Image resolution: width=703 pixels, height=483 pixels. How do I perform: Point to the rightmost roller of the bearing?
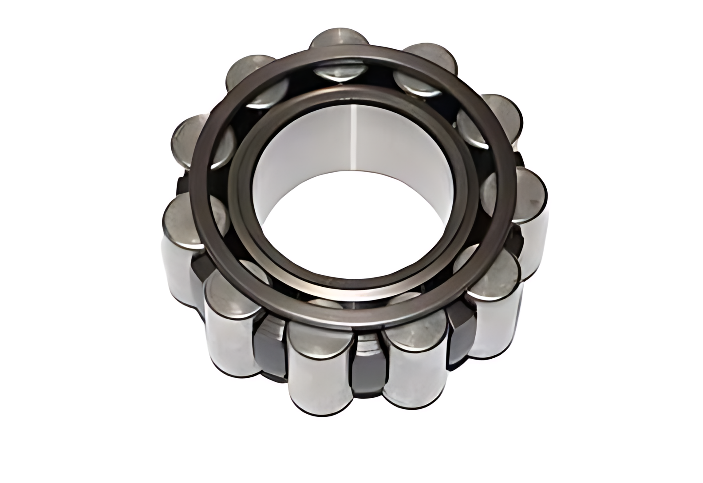click(x=530, y=195)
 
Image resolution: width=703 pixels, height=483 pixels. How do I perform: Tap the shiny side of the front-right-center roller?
click(x=411, y=373)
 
